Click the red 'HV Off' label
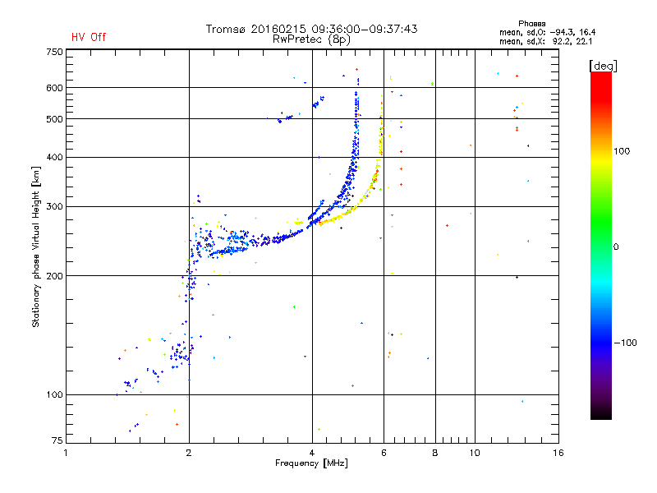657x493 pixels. coord(89,37)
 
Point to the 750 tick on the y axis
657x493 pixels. coord(53,51)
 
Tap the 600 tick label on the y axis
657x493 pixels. coord(53,88)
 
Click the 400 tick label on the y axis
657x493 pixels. coord(53,157)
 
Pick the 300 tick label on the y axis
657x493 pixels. coord(53,206)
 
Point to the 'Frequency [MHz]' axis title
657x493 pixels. coord(312,463)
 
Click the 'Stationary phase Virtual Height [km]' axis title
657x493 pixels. coord(36,246)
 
